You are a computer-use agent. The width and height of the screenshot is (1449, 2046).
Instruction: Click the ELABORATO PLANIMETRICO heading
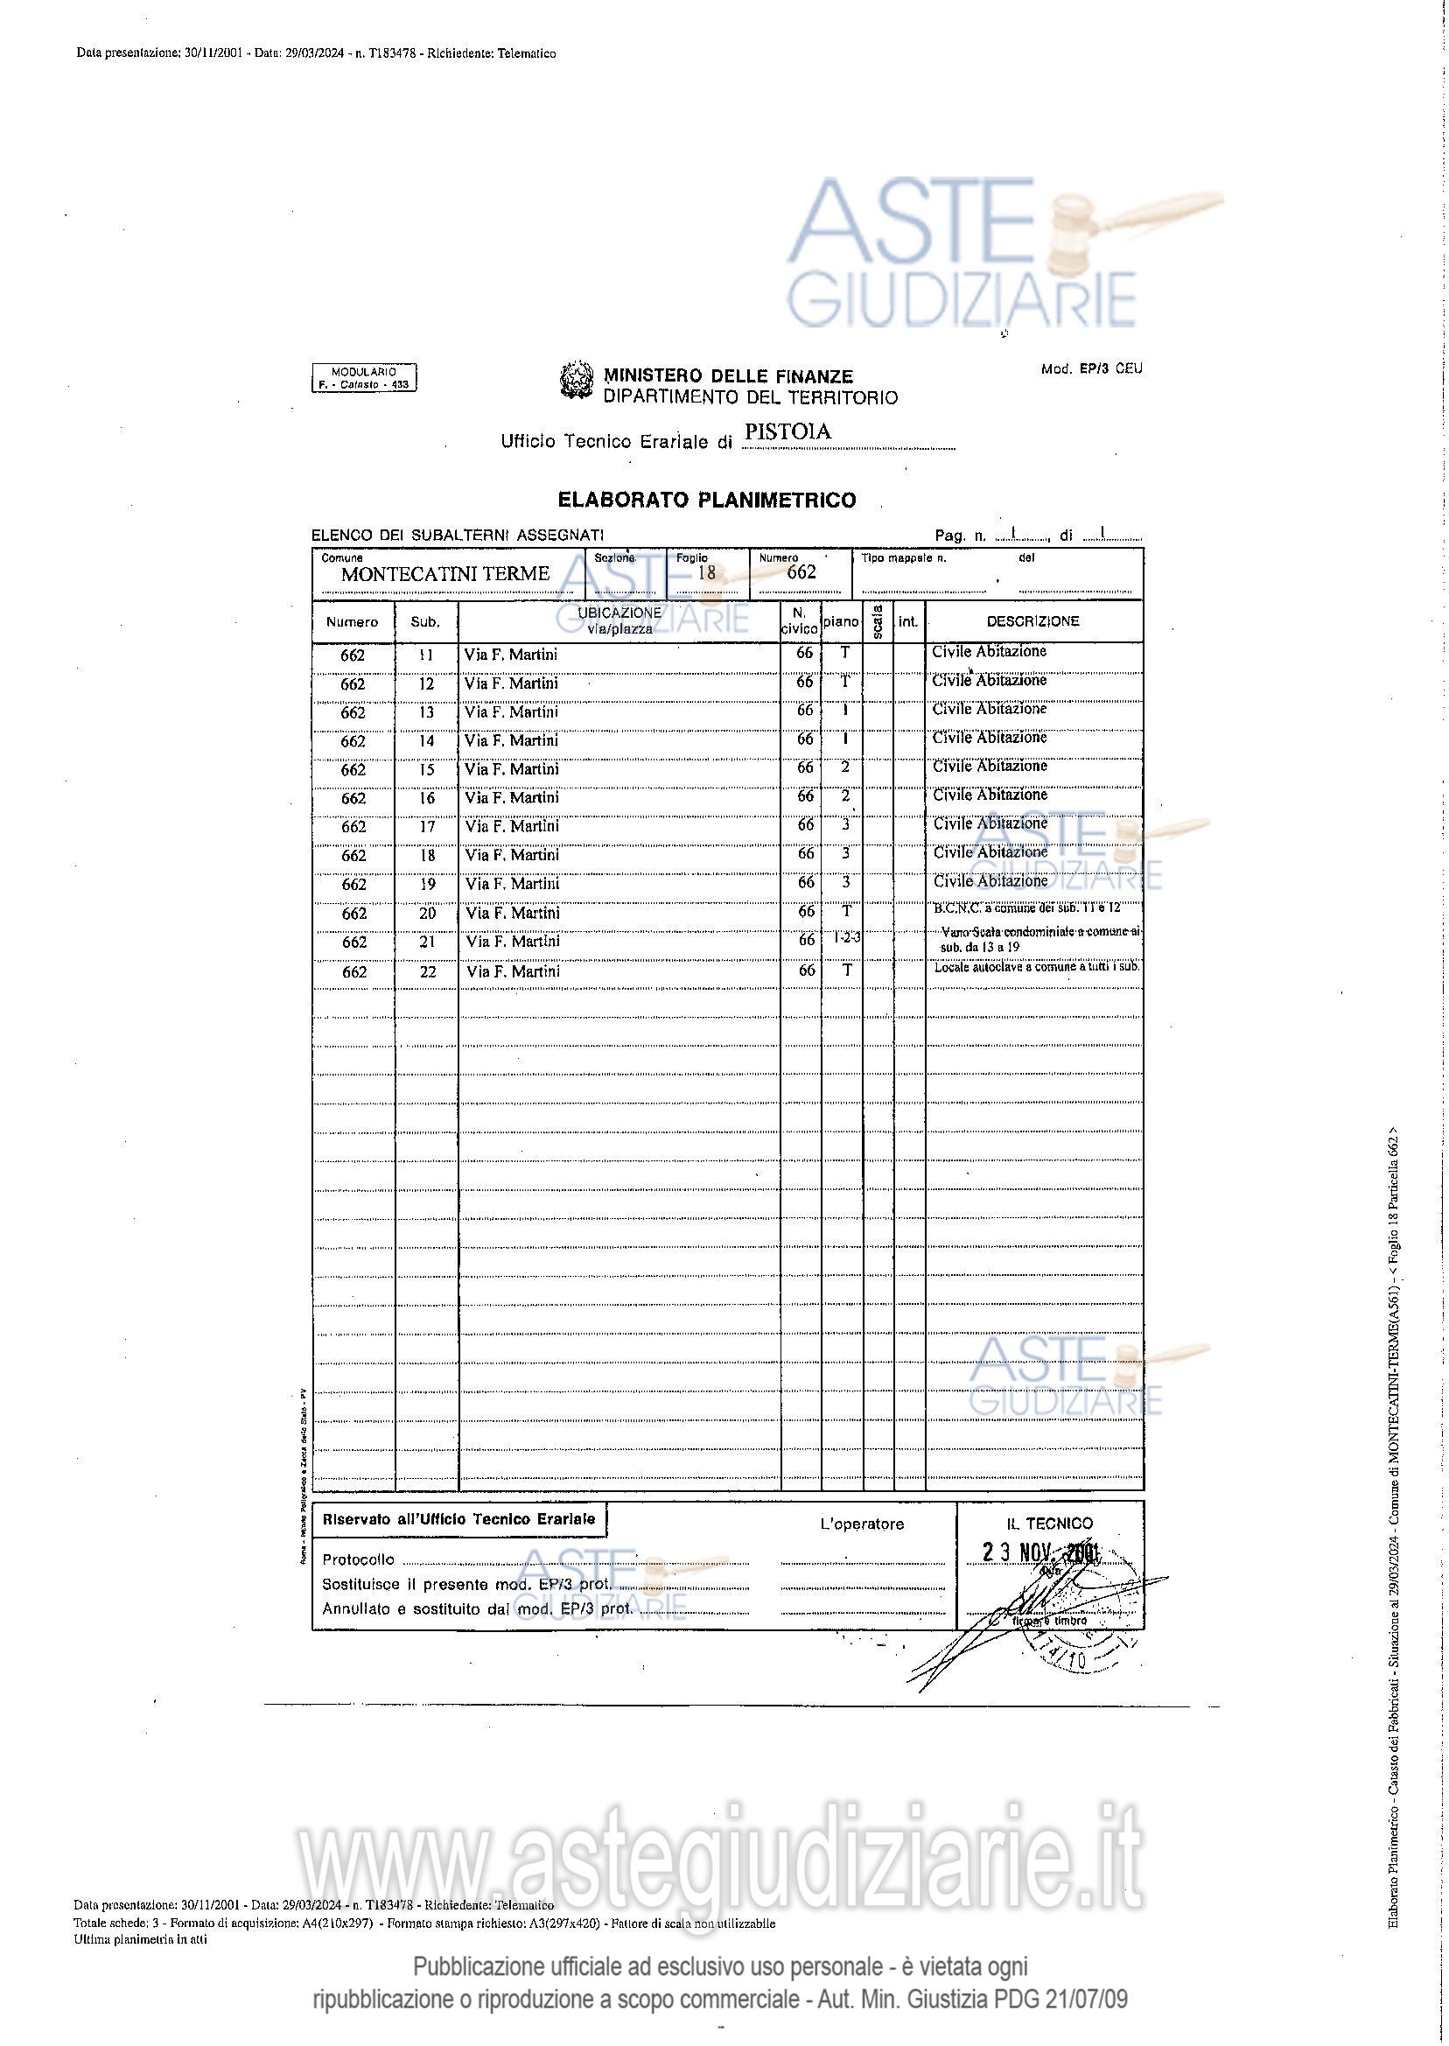coord(707,500)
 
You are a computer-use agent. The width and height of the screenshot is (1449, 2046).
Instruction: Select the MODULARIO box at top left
coord(363,378)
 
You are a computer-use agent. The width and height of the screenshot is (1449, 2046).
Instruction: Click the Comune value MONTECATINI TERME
coord(444,574)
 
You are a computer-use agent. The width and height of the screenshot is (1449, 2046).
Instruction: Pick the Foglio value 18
coord(706,573)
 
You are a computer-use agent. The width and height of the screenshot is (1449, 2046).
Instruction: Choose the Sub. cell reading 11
coord(425,655)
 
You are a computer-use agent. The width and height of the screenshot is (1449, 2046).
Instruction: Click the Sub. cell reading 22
coord(427,971)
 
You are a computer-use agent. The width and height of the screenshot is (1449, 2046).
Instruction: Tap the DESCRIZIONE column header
coord(1032,621)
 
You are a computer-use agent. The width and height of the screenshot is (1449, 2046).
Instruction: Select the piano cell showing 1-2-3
coord(846,938)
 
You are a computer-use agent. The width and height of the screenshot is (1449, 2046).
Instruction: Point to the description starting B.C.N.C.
coord(1026,907)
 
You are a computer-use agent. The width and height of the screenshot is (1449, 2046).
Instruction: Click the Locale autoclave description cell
coord(1036,967)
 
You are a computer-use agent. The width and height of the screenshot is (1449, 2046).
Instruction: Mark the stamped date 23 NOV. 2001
coord(1041,1551)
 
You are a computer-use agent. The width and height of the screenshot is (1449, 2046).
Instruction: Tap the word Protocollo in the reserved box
coord(358,1559)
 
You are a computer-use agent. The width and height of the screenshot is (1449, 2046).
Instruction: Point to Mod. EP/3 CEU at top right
coord(1091,368)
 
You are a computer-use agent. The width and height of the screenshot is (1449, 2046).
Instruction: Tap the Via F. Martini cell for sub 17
coord(512,826)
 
